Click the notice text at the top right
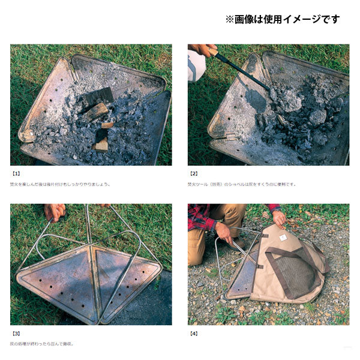point(282,19)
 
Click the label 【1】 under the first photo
point(17,173)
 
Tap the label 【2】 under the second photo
point(194,173)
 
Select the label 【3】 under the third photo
point(17,332)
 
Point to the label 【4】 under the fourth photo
point(194,332)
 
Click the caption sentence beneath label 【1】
point(60,184)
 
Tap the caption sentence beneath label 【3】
point(42,344)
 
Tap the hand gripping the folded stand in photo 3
point(55,212)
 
